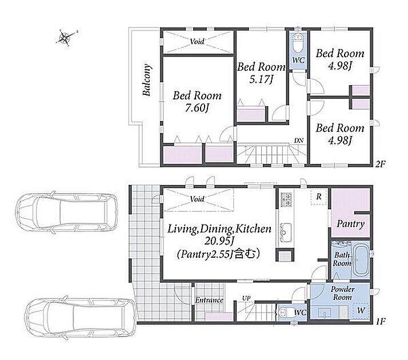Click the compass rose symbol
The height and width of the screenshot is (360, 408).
[x=65, y=38]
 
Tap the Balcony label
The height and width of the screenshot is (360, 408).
[x=147, y=80]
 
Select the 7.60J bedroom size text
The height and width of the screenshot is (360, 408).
[x=197, y=107]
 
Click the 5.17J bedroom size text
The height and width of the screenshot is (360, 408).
[x=261, y=79]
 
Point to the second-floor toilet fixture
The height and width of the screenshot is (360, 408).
[x=297, y=43]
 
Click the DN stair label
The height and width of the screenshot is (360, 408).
[x=299, y=141]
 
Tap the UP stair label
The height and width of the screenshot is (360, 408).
[x=246, y=298]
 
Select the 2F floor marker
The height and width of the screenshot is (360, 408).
[x=380, y=164]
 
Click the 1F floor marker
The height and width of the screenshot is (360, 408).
[x=380, y=321]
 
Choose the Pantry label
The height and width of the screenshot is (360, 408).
[x=350, y=223]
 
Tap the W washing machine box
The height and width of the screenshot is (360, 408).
[x=361, y=311]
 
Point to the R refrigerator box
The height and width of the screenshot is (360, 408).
[x=319, y=197]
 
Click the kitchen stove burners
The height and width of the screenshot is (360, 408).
[x=286, y=199]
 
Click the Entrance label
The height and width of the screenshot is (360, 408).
[x=209, y=300]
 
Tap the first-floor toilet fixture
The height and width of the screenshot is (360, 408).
[x=285, y=313]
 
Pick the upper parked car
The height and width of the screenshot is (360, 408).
[x=66, y=212]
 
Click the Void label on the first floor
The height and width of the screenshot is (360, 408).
[x=197, y=199]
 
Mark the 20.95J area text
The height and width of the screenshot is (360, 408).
[x=219, y=241]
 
